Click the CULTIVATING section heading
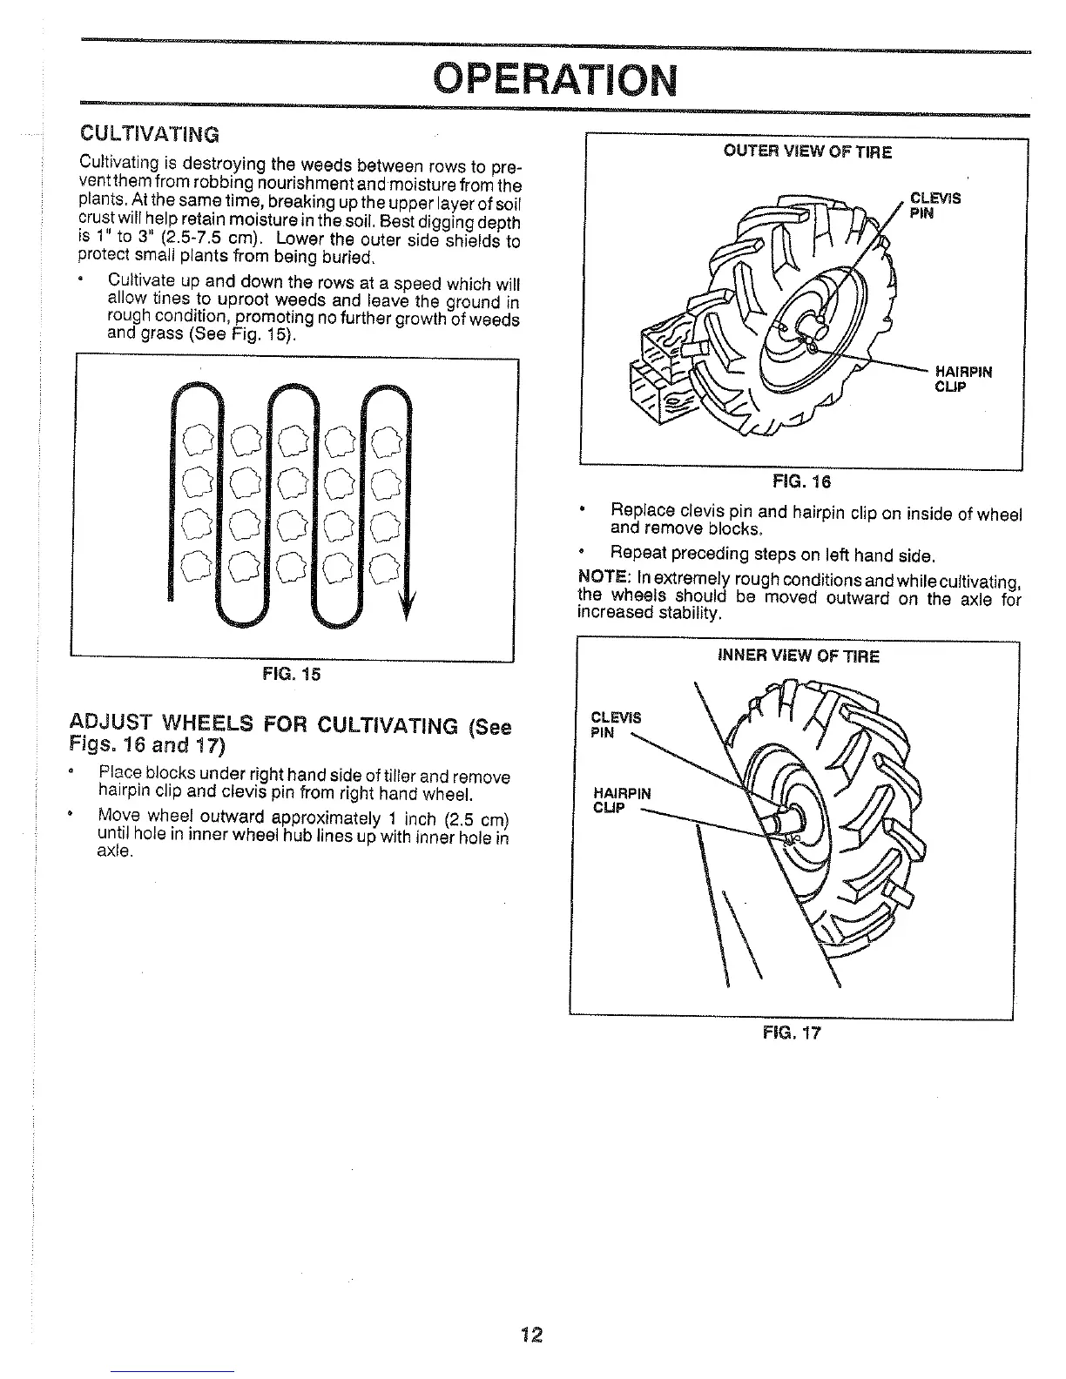149,135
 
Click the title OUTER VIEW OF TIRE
807,152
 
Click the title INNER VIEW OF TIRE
798,656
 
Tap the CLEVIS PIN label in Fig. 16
934,205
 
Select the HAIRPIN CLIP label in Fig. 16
963,379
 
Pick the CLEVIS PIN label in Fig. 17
615,724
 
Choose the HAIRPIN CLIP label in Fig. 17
621,799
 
